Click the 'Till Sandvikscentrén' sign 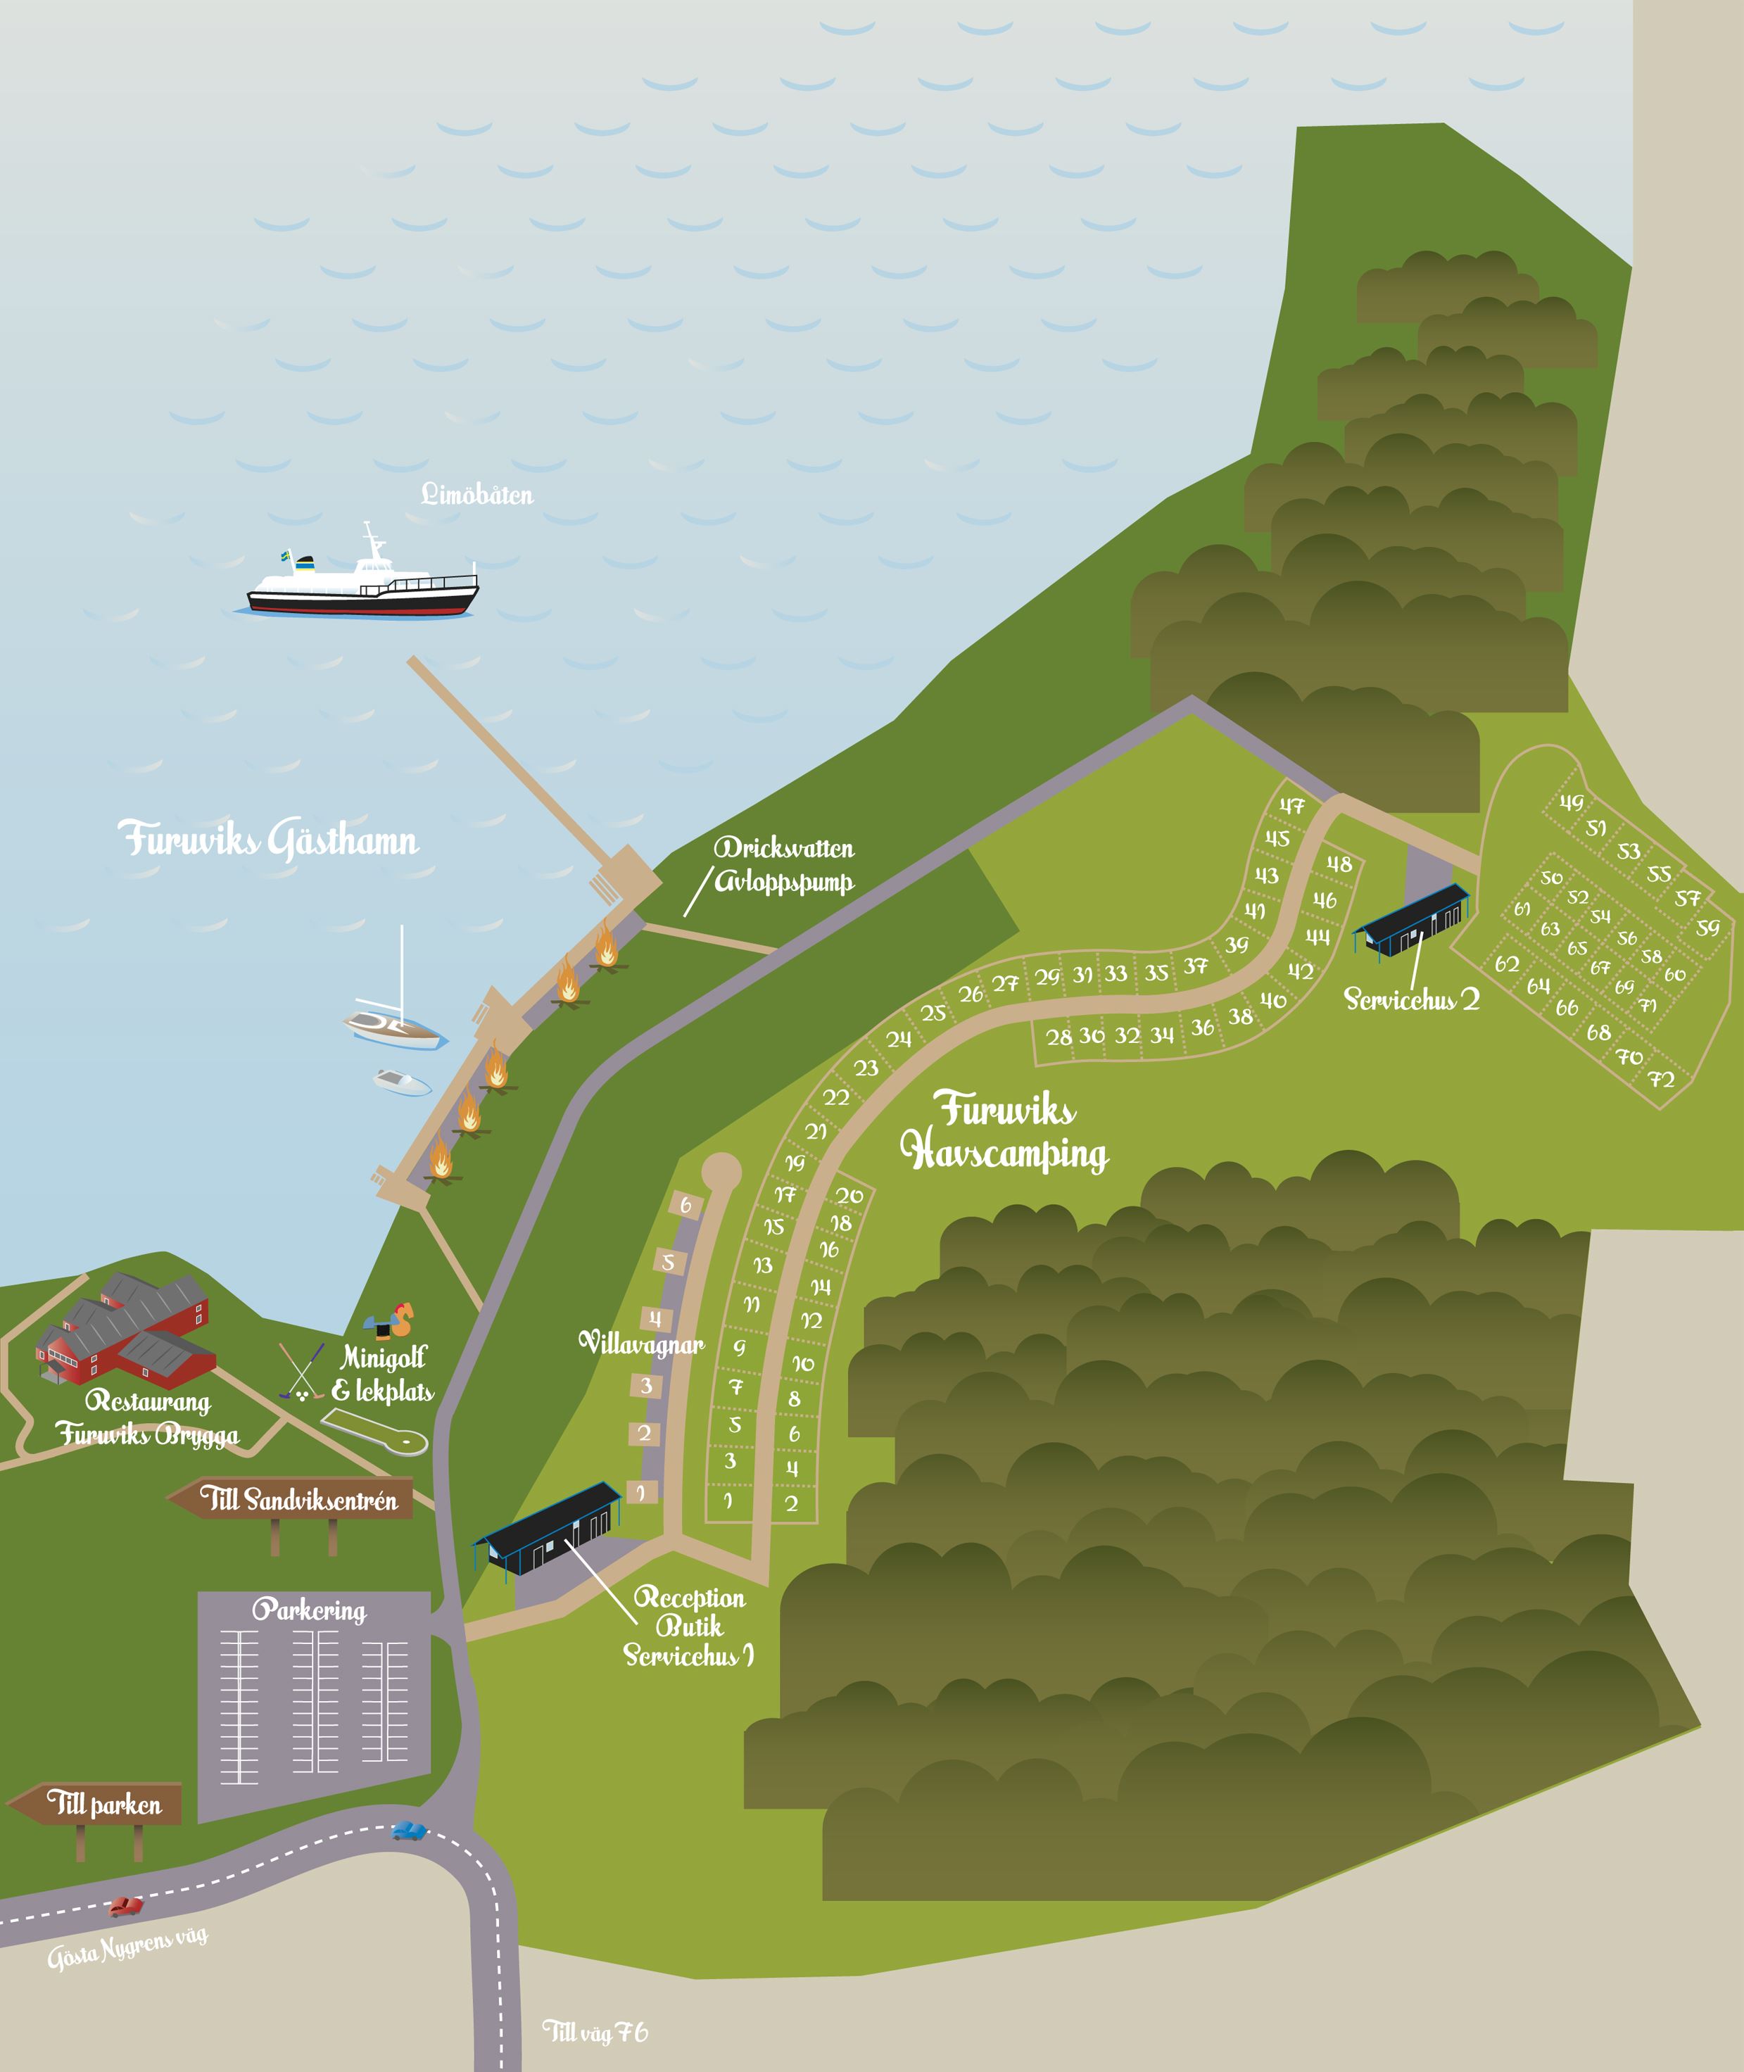296,1500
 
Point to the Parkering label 310,1610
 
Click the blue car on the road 408,1831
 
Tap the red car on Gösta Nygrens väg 125,1906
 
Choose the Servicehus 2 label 1411,999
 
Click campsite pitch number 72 1661,1080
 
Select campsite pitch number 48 1339,864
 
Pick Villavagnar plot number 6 685,1205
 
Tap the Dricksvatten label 784,848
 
